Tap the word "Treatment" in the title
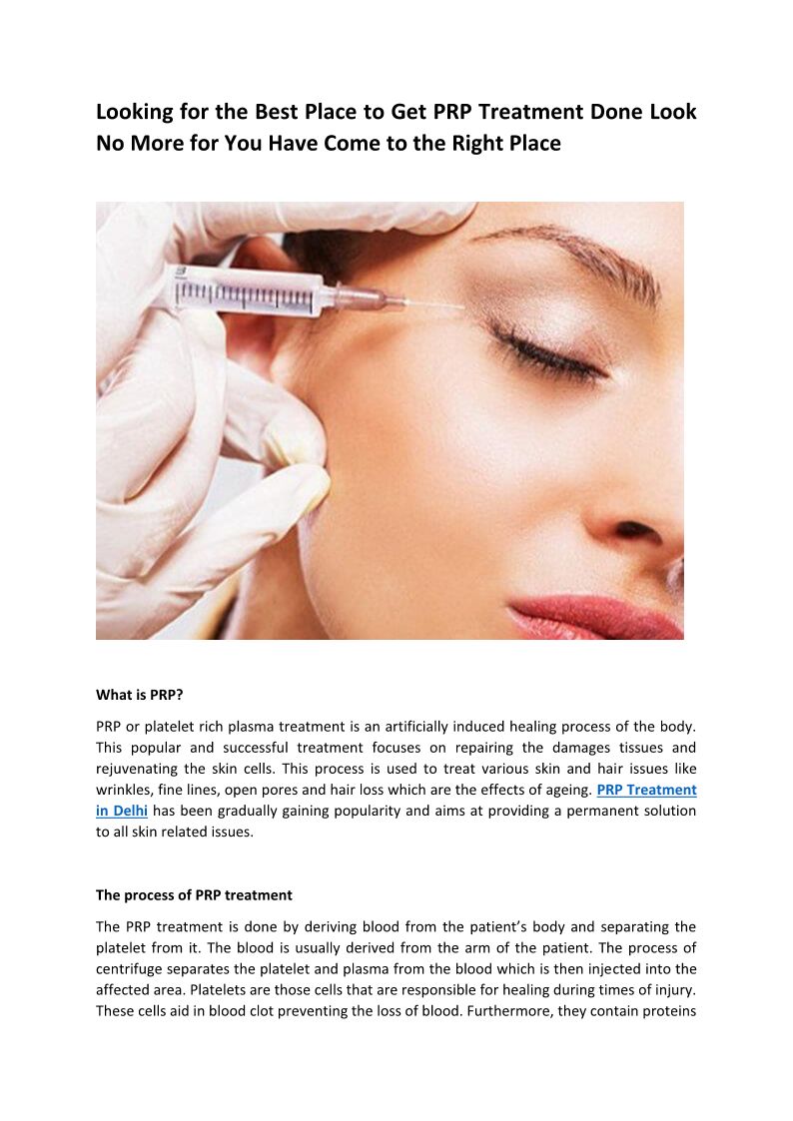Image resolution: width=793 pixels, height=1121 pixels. point(531,112)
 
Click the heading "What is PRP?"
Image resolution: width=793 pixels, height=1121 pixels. point(140,695)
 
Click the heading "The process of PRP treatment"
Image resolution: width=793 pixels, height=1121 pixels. point(194,895)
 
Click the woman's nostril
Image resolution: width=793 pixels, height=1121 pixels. point(635,530)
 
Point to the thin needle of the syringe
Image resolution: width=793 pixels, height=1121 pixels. point(433,305)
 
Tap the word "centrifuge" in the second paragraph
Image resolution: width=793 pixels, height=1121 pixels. point(129,969)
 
